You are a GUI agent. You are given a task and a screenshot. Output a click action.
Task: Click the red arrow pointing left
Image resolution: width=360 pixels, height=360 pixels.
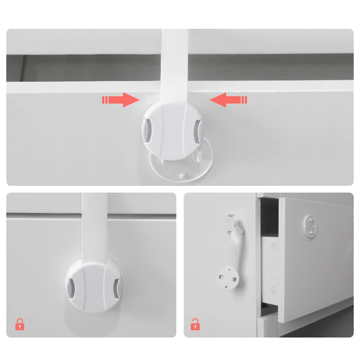pos(228,100)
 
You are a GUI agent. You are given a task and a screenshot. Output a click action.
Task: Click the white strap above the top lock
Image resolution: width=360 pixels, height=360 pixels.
pos(175,62)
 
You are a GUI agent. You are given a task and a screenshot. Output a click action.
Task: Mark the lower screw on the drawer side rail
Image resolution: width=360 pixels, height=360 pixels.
pos(273,290)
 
